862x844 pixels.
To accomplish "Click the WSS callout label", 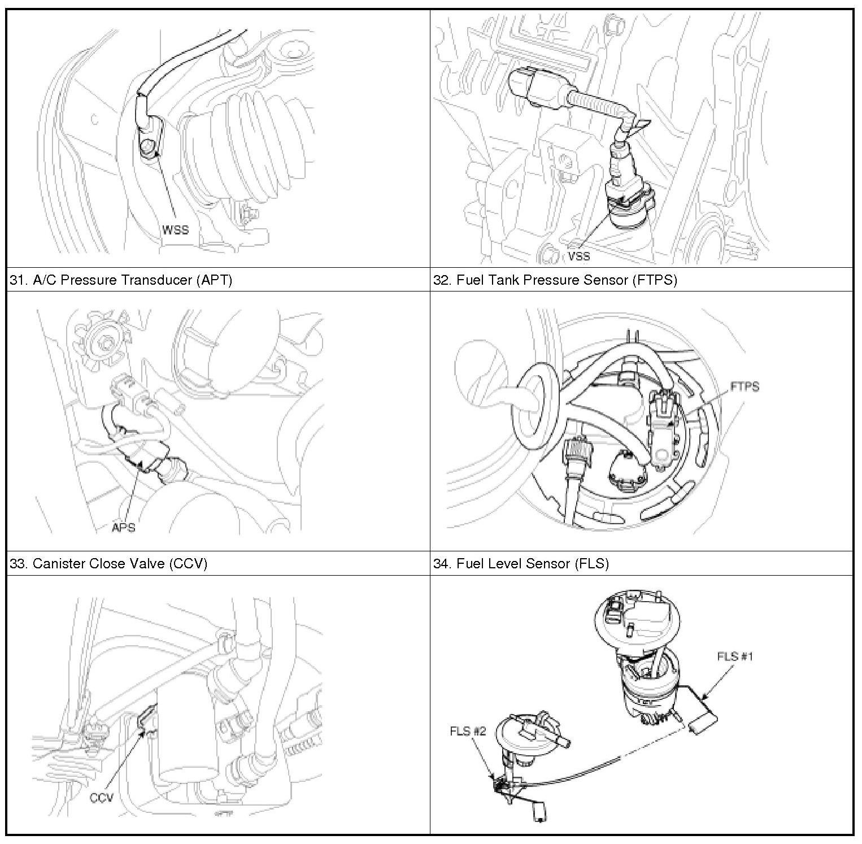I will tap(175, 230).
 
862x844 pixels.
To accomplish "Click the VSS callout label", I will tap(579, 256).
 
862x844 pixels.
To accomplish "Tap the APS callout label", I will tap(124, 528).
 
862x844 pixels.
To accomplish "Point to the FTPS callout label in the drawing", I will tap(745, 386).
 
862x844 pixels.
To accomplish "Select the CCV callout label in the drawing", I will tap(102, 798).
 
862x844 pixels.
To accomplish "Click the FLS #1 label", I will tap(735, 656).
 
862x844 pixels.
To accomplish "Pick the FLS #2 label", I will tap(468, 731).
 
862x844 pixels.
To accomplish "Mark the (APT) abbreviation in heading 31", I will tap(214, 280).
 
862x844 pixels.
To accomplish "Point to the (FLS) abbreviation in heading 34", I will tap(591, 564).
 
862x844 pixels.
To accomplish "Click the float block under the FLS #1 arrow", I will tap(701, 723).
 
